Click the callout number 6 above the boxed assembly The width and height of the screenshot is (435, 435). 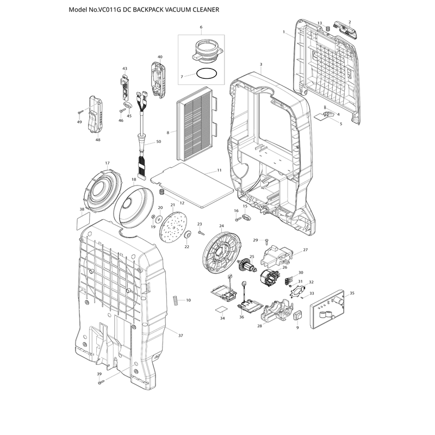(x=201, y=27)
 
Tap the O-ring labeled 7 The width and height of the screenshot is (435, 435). (x=207, y=74)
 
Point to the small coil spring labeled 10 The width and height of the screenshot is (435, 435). (x=175, y=301)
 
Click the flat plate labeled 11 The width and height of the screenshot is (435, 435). (x=192, y=185)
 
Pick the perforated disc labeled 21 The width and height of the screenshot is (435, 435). (x=173, y=227)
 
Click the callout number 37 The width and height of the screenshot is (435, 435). (x=181, y=335)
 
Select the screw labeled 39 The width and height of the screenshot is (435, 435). (x=101, y=382)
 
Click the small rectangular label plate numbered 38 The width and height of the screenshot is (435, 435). (x=83, y=221)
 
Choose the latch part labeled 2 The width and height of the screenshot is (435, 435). (x=347, y=31)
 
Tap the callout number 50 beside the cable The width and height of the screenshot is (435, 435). (x=159, y=141)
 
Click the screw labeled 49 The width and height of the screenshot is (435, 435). (x=80, y=111)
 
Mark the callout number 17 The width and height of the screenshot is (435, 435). (x=107, y=163)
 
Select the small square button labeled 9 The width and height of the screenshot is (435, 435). (x=298, y=315)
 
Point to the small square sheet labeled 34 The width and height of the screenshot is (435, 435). (x=221, y=310)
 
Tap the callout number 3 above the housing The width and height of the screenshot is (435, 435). (x=261, y=64)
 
